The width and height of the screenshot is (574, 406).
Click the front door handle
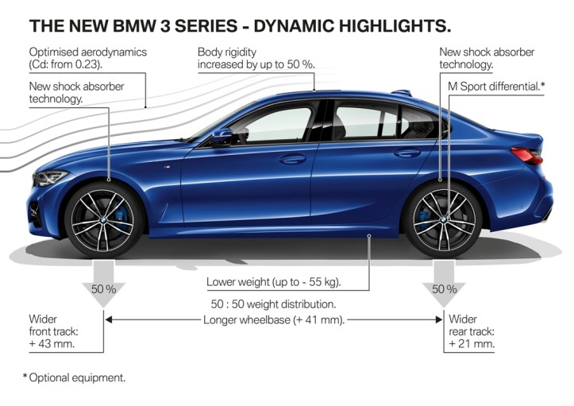coord(292,159)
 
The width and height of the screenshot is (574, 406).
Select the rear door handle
coord(407,153)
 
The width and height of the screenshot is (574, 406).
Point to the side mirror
coord(222,136)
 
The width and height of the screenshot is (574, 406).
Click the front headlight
coord(51,177)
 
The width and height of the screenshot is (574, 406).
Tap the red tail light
coord(527,156)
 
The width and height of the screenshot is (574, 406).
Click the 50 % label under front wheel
coord(103,289)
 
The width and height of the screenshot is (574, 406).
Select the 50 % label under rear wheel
coord(443,289)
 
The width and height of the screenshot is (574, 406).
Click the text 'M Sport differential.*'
coord(491,85)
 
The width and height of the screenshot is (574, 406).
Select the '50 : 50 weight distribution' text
coord(274,304)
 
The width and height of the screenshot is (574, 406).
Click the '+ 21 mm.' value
coord(472,344)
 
